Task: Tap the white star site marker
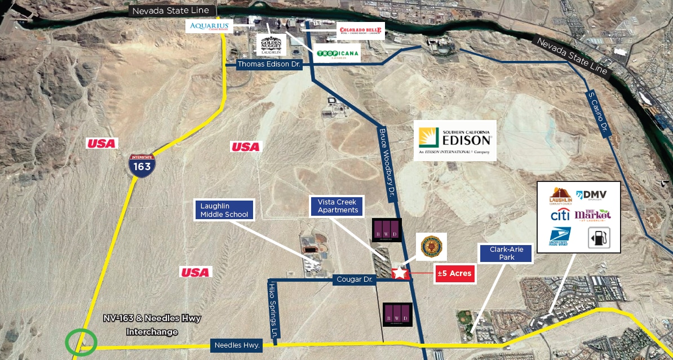click(400, 273)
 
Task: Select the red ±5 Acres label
click(454, 274)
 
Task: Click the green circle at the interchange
click(81, 342)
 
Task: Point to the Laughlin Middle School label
click(224, 210)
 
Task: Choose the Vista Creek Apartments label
click(338, 206)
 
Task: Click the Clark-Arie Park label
click(506, 252)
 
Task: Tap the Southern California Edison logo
click(455, 140)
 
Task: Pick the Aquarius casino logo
click(209, 26)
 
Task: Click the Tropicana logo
click(337, 54)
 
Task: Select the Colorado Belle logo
click(361, 30)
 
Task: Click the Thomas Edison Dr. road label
click(270, 64)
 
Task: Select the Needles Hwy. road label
click(237, 345)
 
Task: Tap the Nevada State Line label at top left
click(170, 11)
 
